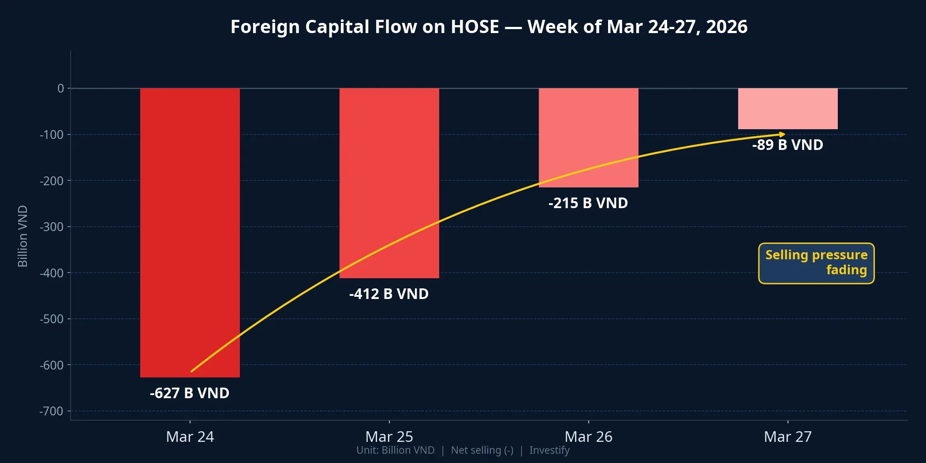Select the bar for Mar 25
click(x=389, y=176)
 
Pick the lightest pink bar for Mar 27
click(x=788, y=108)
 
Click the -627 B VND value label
click(x=190, y=393)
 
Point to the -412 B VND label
click(x=389, y=294)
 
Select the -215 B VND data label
click(x=588, y=203)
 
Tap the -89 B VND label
click(x=788, y=145)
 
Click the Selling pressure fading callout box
click(x=816, y=263)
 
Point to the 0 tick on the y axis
click(x=61, y=88)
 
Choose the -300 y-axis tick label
click(x=52, y=227)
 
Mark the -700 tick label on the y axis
click(x=52, y=411)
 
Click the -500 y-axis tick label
click(x=52, y=319)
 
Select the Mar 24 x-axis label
click(x=190, y=437)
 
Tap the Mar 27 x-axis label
click(x=788, y=437)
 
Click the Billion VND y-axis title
click(x=23, y=236)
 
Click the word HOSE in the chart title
click(x=474, y=26)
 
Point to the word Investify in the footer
click(x=549, y=450)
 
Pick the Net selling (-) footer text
click(x=482, y=450)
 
